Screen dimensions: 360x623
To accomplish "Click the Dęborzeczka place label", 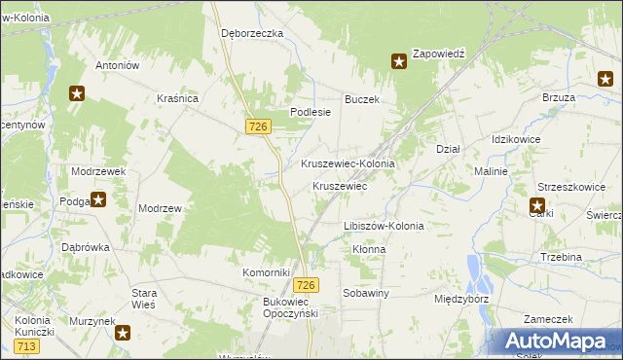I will [x=251, y=32].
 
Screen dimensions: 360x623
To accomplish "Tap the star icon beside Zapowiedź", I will [x=399, y=61].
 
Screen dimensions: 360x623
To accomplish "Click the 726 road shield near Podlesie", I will [x=258, y=126].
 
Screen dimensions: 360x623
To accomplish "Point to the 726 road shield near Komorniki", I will [x=306, y=284].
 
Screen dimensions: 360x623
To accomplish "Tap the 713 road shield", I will [x=26, y=346].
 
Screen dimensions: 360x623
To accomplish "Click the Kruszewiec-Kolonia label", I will [x=348, y=164].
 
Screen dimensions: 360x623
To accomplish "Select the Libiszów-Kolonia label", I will [x=384, y=226].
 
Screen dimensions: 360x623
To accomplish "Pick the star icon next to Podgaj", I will [x=98, y=200].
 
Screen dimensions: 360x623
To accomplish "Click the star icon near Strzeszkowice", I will [x=537, y=205].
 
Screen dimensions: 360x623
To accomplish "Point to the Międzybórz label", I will [x=462, y=299].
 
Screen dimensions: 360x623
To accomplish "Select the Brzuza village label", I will [x=559, y=98].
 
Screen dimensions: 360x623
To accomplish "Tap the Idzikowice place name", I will [x=516, y=139].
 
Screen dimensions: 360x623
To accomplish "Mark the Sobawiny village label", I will [x=366, y=292].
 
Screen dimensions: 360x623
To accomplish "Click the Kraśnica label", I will [x=178, y=98].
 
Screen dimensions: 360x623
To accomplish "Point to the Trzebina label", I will [x=561, y=257].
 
